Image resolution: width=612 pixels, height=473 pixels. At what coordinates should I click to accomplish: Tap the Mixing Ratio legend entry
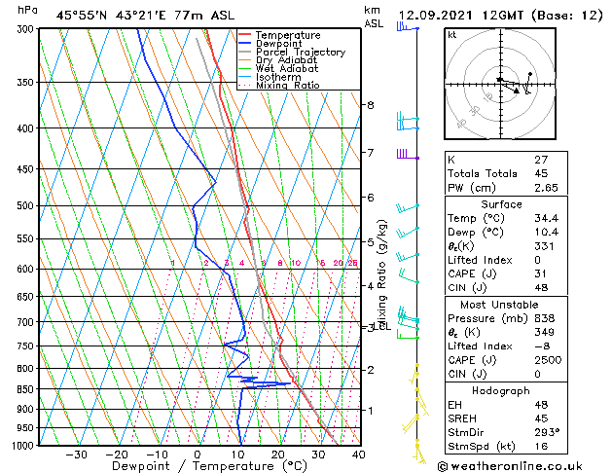click(x=288, y=85)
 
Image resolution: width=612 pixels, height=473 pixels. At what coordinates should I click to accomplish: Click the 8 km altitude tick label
click(x=370, y=105)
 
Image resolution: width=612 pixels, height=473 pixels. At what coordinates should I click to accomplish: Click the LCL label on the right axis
click(x=380, y=326)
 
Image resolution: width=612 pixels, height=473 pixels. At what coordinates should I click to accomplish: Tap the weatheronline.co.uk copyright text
click(x=523, y=465)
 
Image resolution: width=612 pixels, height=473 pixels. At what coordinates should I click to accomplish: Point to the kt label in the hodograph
click(x=452, y=35)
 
